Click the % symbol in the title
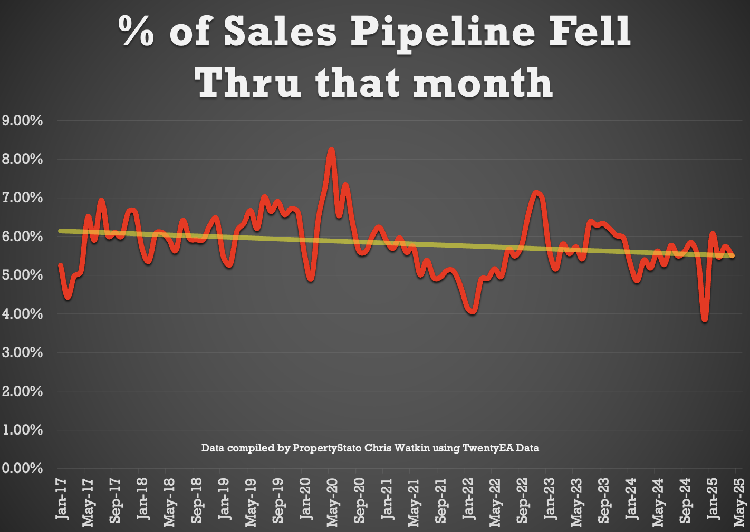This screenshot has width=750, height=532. (136, 32)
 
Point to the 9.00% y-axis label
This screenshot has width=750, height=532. (22, 121)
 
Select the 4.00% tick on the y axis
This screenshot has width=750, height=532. (22, 314)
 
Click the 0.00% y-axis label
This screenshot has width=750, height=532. (22, 468)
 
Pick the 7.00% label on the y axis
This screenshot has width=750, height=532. (22, 198)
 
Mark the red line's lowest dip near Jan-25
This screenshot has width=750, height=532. (705, 319)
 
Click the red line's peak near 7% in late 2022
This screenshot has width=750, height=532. (537, 194)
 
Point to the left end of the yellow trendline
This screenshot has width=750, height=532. (60, 231)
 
